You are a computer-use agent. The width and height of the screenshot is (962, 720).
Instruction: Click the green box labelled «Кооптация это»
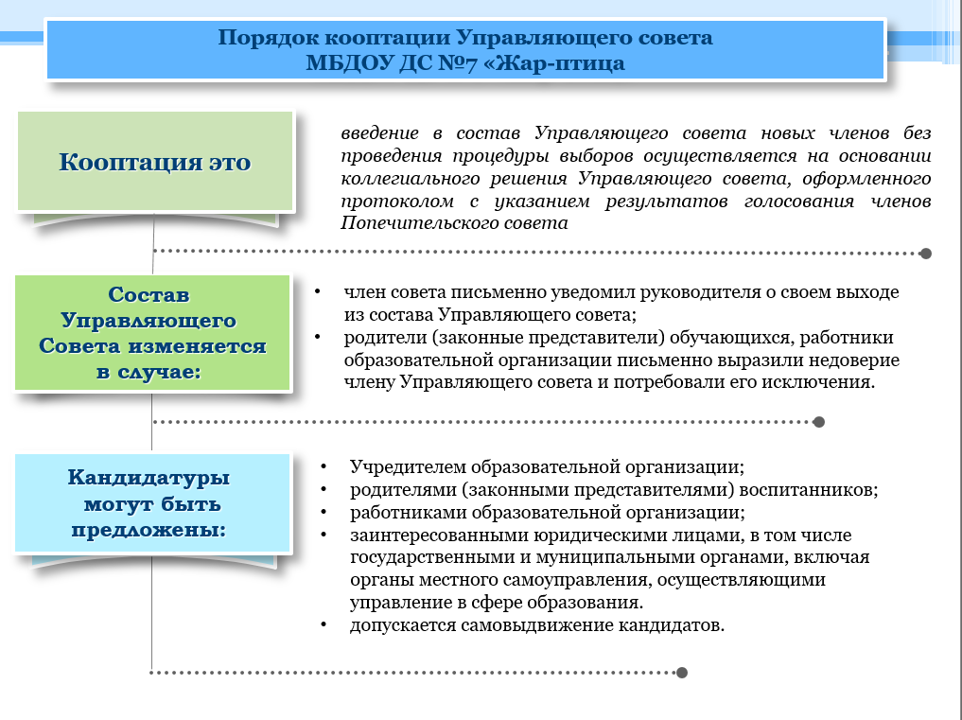pos(155,162)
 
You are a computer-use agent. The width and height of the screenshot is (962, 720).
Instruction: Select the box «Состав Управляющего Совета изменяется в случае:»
pos(152,332)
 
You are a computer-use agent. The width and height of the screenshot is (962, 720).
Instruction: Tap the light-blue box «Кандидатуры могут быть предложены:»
pos(152,502)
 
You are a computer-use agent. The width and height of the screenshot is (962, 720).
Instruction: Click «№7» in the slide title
pos(458,62)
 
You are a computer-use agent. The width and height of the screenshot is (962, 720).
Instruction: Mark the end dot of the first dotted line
pos(926,254)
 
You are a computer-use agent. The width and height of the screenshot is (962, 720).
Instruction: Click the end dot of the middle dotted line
pos(818,422)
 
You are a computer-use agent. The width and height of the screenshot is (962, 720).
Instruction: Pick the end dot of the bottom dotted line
pos(682,673)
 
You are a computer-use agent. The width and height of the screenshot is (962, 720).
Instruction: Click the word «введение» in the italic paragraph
pos(379,132)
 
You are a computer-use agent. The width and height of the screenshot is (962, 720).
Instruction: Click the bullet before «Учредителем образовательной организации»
pos(324,467)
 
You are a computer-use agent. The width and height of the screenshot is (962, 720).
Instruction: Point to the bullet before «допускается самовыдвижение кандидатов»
pos(324,624)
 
